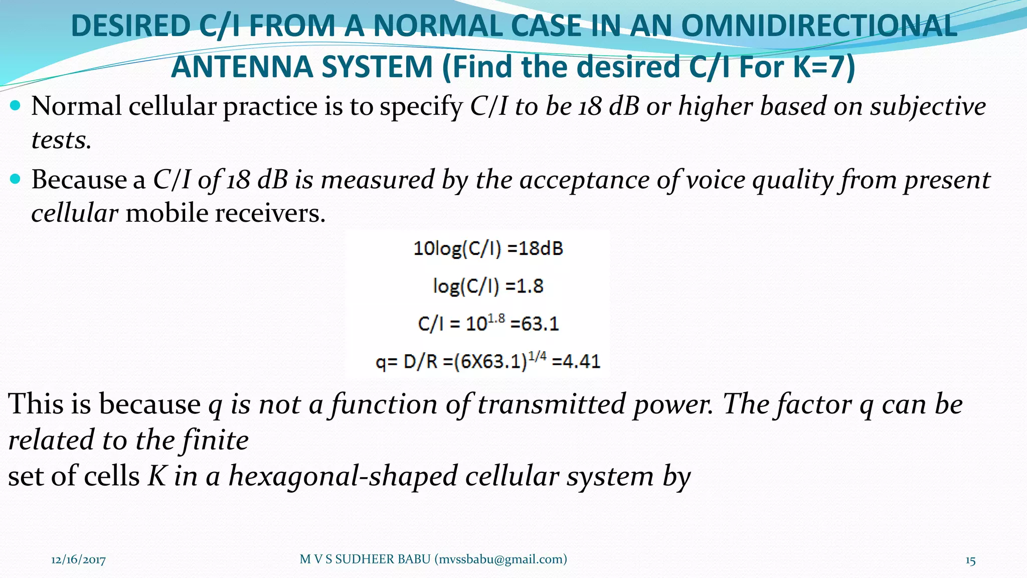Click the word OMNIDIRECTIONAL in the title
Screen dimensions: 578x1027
819,26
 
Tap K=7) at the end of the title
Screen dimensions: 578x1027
824,67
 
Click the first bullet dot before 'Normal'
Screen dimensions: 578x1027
16,105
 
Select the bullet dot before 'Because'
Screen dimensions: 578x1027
16,179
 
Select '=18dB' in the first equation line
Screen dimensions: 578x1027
536,248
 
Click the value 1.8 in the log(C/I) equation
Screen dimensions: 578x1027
530,286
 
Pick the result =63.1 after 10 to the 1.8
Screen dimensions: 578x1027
535,324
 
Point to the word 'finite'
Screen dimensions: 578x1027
215,440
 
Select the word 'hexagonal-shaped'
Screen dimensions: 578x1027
343,476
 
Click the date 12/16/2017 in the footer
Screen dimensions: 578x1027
78,560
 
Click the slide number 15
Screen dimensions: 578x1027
970,560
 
